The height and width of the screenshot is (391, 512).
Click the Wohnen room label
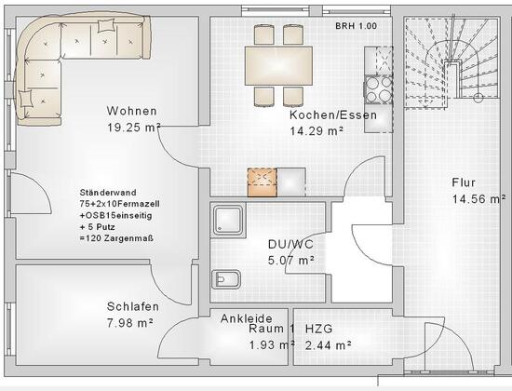(x=131, y=111)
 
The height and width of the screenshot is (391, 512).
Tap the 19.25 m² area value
(x=133, y=128)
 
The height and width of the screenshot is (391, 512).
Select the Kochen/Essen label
(x=333, y=115)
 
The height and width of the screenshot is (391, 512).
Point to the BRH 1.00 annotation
(x=356, y=26)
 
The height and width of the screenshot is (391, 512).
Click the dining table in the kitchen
(x=278, y=66)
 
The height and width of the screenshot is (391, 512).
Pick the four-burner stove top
(x=379, y=89)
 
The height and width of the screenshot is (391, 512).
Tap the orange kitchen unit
(x=263, y=182)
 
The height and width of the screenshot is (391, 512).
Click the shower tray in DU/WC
(x=228, y=220)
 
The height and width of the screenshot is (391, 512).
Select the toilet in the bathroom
(x=226, y=279)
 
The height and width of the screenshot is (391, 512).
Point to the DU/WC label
(x=290, y=244)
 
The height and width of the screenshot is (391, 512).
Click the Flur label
(x=464, y=182)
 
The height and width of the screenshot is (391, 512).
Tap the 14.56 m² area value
(x=478, y=198)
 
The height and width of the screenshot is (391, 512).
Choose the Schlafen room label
(x=133, y=306)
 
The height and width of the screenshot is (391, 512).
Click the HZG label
(x=318, y=329)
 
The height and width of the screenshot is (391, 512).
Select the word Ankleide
(x=246, y=318)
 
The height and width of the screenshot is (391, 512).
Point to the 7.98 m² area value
(x=130, y=323)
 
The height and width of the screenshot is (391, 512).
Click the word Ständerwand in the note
(x=108, y=193)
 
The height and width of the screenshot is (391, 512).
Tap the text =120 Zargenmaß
(x=116, y=238)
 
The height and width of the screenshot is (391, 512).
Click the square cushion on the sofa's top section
(x=106, y=25)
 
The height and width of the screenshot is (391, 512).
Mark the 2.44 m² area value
(x=329, y=345)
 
